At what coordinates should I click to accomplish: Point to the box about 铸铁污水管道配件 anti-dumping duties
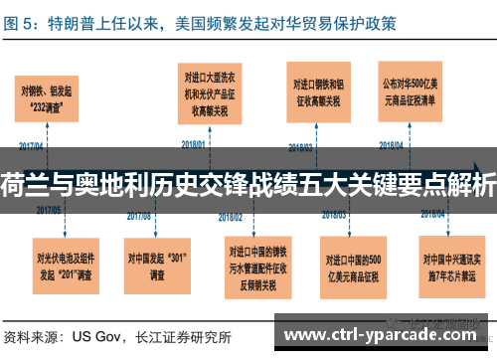(x=262, y=265)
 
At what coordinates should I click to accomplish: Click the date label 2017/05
(x=49, y=210)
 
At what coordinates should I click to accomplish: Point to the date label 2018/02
(x=231, y=216)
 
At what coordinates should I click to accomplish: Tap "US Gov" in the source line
(x=101, y=336)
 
